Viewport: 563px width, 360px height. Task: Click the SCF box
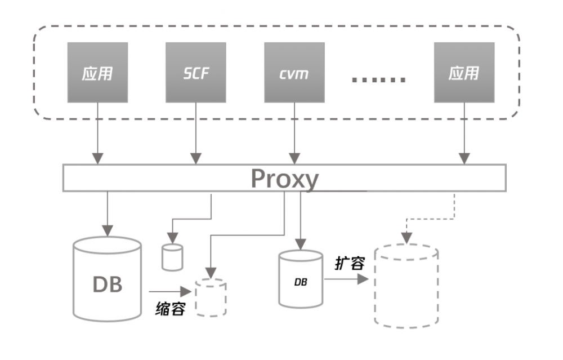click(x=196, y=73)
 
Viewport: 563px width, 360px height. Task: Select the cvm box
click(x=294, y=73)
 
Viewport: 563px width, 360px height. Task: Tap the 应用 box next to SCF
click(x=97, y=73)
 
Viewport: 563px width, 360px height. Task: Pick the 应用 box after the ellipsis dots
click(x=464, y=73)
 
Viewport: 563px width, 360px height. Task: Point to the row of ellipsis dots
click(x=378, y=79)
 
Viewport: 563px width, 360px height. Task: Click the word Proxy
click(x=284, y=179)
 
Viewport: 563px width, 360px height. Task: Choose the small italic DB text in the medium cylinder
click(x=301, y=281)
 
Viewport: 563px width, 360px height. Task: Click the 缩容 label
click(x=170, y=309)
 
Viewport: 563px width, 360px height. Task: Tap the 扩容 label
click(x=350, y=263)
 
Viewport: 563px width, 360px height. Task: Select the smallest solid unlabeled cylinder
click(x=172, y=256)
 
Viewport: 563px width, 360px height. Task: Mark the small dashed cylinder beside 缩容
click(x=211, y=297)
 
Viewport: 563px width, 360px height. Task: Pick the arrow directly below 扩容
click(x=346, y=279)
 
